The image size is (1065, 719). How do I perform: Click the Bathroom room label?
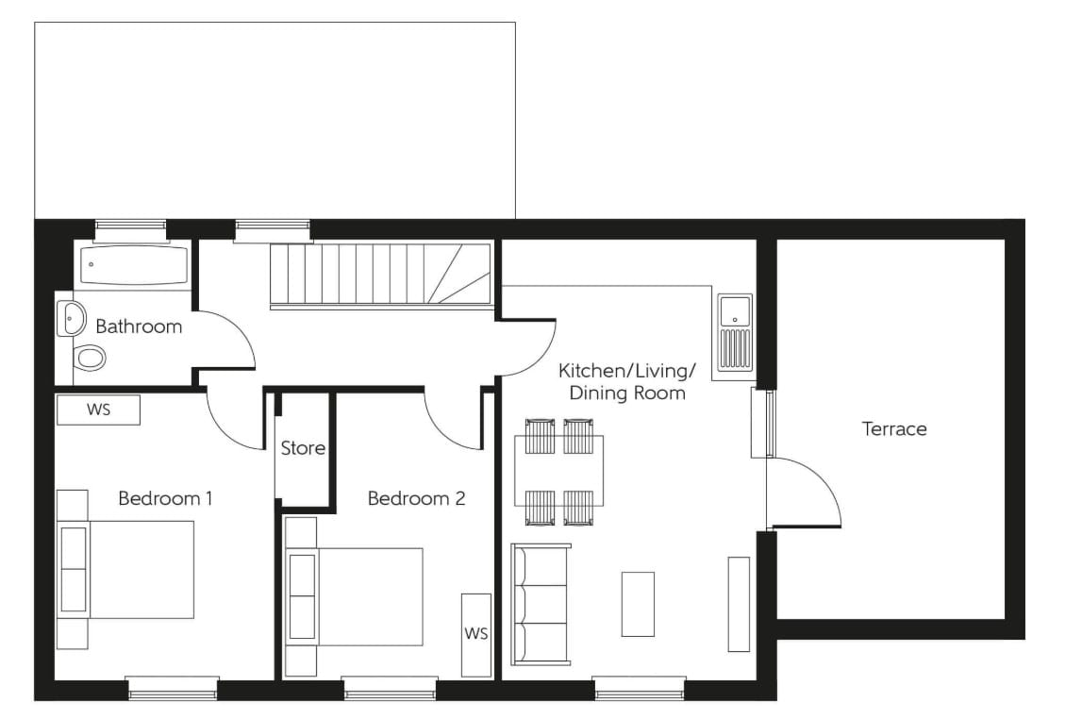(139, 326)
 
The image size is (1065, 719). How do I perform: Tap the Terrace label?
(894, 428)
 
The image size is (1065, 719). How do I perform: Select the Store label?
(303, 448)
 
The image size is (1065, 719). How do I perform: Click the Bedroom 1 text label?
(165, 498)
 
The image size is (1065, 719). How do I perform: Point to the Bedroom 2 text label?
(416, 498)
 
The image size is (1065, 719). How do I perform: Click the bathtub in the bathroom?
(133, 265)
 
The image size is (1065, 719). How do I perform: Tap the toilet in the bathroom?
(90, 358)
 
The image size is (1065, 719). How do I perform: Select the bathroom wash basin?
(71, 318)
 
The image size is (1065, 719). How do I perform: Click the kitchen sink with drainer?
(735, 332)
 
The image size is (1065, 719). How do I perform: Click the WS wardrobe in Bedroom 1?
(98, 410)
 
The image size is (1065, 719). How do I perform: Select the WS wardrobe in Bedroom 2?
(476, 634)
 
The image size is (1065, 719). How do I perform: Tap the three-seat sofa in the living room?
(541, 604)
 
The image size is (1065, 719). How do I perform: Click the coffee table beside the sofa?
(638, 604)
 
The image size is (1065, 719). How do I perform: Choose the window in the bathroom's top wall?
(130, 229)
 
